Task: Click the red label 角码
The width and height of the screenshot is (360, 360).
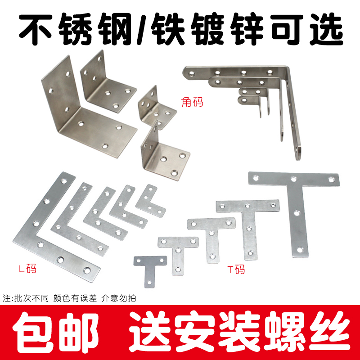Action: point(193,102)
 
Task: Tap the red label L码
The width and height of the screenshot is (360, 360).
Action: point(27,269)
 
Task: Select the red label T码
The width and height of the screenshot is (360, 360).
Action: point(236,270)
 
